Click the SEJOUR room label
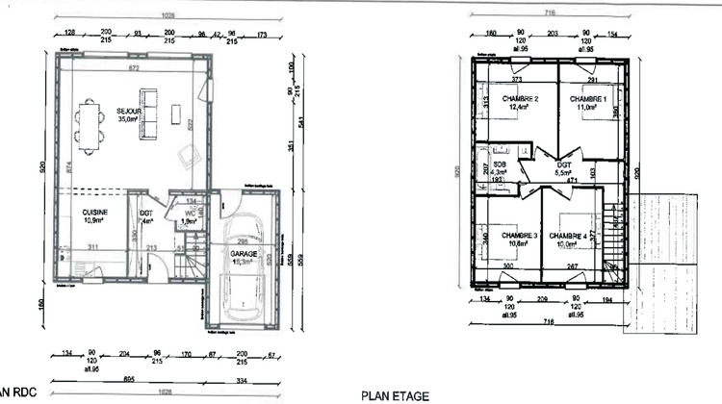tap(129, 111)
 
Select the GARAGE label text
tap(243, 253)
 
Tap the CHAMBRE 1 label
tap(587, 99)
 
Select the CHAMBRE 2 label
tap(519, 99)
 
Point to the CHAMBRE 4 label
tap(569, 236)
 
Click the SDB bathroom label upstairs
tap(500, 150)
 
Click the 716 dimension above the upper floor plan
tap(551, 14)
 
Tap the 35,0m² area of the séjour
tap(129, 120)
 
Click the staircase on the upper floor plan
tap(610, 236)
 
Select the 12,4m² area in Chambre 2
tap(519, 108)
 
